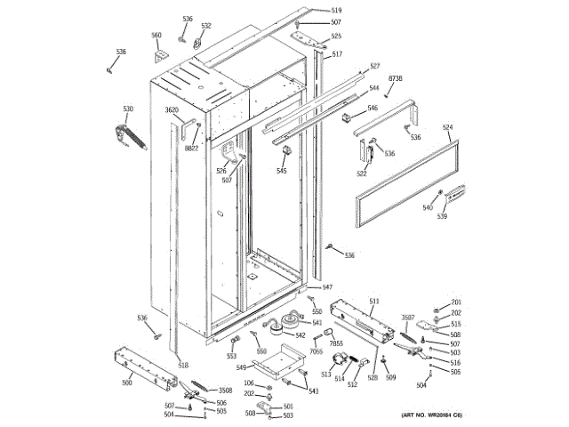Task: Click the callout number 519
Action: pos(311,10)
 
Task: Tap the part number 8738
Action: pos(396,79)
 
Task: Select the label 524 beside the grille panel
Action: pos(448,127)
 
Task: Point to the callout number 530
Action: pos(128,109)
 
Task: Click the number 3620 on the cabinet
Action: pos(172,109)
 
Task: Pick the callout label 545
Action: pos(282,171)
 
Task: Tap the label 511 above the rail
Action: pos(374,301)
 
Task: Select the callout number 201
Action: pos(456,303)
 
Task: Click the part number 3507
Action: pos(409,317)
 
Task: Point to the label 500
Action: pos(127,382)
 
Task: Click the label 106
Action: pos(249,383)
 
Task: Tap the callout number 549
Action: pos(241,367)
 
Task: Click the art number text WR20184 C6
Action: pos(432,416)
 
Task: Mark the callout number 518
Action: pos(183,365)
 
